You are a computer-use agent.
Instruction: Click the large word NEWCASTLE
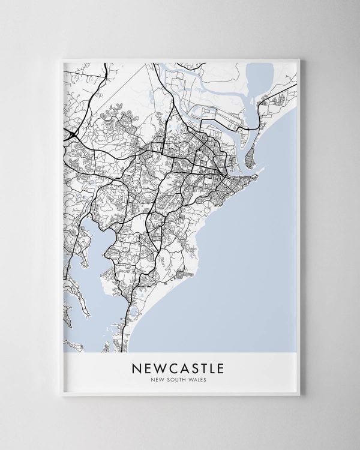coord(181,367)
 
